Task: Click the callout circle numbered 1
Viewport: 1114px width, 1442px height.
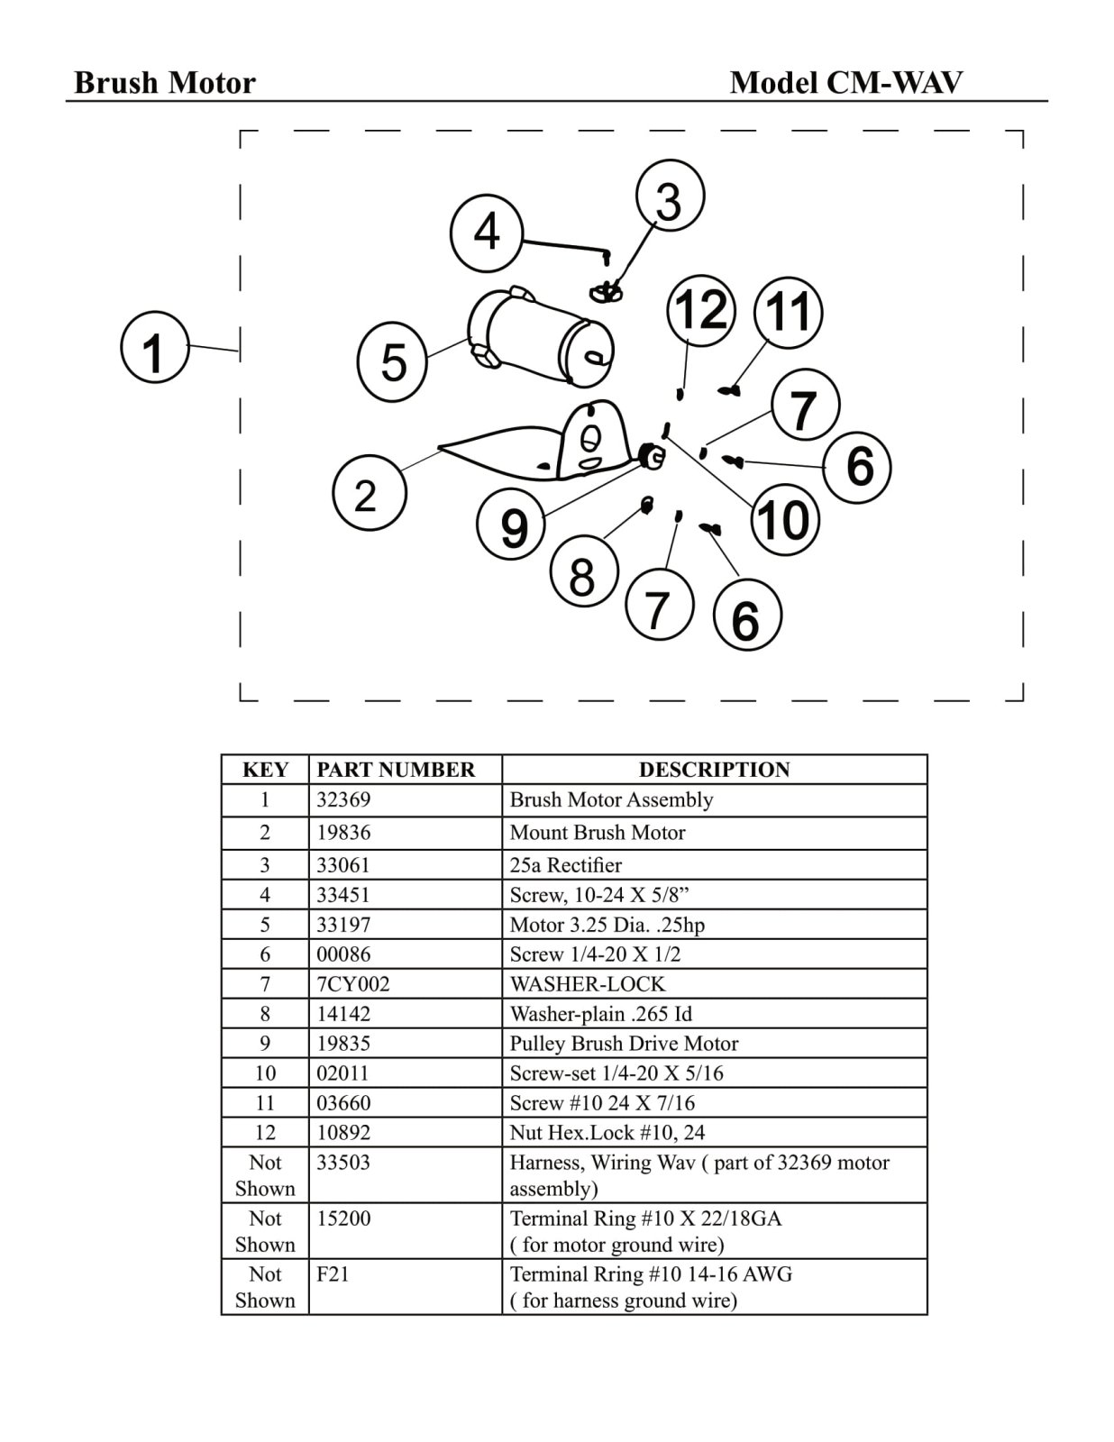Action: click(154, 347)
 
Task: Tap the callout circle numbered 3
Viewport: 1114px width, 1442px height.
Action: click(670, 198)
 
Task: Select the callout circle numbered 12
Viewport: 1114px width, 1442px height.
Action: click(700, 311)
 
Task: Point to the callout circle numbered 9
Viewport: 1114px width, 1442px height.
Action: click(512, 525)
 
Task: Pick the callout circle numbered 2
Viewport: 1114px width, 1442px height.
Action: click(368, 494)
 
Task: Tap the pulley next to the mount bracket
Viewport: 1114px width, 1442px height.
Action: click(652, 456)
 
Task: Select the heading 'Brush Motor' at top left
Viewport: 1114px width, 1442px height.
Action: click(165, 83)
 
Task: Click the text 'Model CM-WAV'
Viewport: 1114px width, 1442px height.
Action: click(845, 83)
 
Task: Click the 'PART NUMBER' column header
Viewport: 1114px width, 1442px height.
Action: click(396, 770)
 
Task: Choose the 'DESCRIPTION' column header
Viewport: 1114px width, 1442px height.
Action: click(714, 770)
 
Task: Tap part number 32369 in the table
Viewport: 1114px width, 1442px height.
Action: click(343, 800)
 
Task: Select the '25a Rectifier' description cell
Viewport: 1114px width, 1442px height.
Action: click(566, 865)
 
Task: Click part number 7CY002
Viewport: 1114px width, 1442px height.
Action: click(352, 984)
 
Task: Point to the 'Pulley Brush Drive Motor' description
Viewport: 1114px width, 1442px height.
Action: click(624, 1044)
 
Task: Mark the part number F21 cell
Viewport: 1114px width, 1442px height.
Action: click(333, 1275)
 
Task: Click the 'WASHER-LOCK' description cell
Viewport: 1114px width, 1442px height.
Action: click(587, 984)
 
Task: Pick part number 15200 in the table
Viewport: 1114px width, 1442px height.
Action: click(343, 1219)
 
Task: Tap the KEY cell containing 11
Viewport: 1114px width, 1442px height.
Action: click(265, 1103)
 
